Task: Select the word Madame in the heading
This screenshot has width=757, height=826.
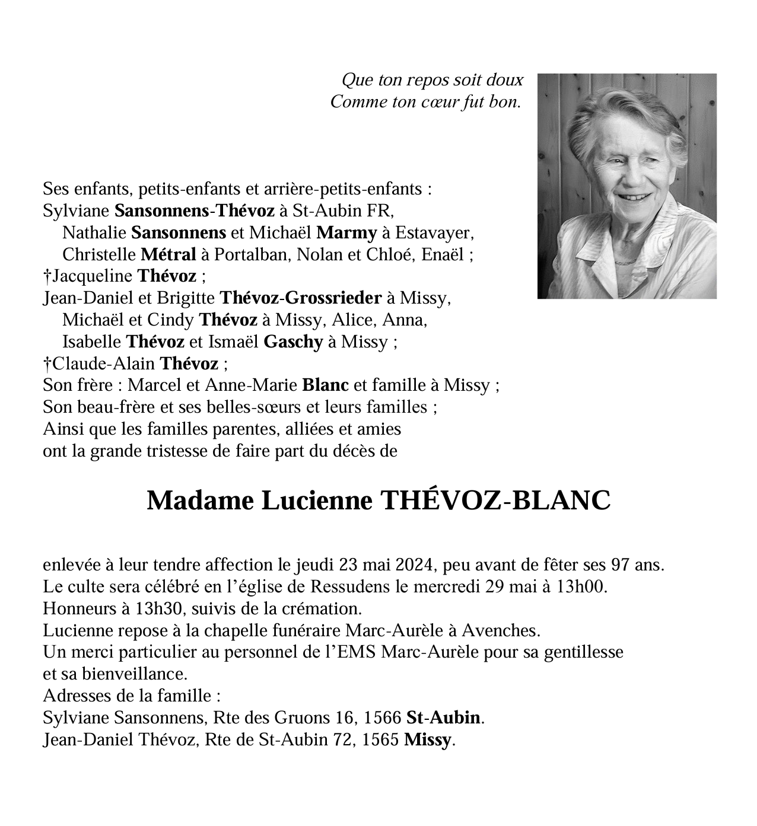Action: point(197,501)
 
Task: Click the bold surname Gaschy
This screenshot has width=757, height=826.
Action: point(292,342)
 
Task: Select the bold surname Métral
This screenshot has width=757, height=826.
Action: point(168,255)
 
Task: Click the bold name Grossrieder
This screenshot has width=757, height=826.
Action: point(333,298)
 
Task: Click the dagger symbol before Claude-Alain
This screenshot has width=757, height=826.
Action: point(47,363)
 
